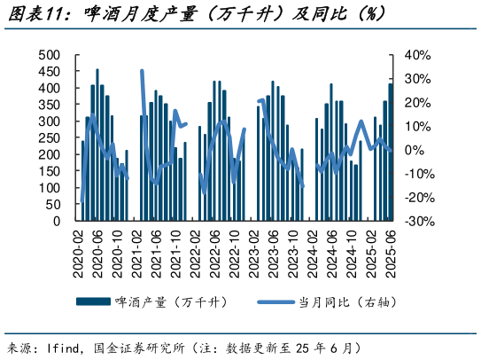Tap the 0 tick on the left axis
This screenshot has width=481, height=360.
(57, 221)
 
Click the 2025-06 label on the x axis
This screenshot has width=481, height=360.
(391, 252)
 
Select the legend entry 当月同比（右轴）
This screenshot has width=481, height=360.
(346, 301)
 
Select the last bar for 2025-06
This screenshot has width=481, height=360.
(391, 152)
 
